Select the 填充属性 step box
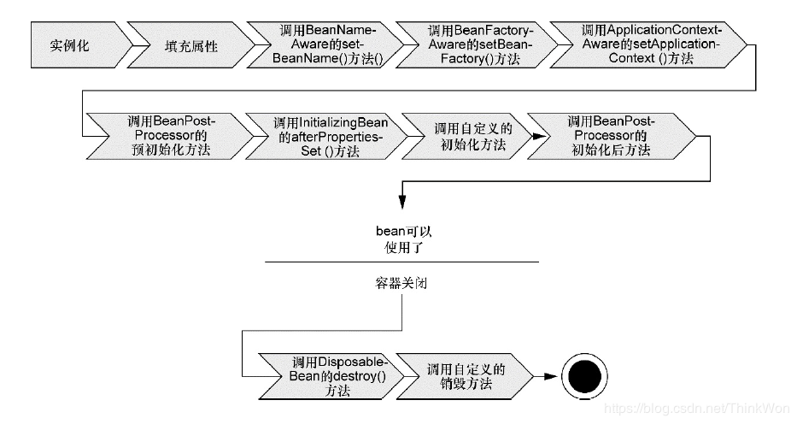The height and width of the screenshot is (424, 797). (x=190, y=45)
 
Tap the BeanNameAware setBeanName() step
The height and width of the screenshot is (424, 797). (x=328, y=45)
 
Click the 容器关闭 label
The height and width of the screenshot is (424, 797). (x=401, y=284)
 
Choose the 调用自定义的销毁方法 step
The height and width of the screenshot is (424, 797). (x=466, y=375)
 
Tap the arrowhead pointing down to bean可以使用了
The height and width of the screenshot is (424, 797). (x=401, y=202)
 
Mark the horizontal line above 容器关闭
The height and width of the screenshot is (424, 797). (x=401, y=262)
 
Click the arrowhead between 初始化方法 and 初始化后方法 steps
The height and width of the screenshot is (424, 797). (x=536, y=136)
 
